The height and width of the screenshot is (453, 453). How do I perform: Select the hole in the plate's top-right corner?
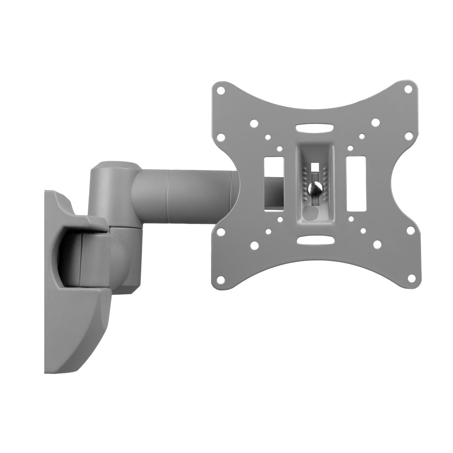click(x=408, y=89)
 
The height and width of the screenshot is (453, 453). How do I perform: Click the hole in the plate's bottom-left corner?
click(x=221, y=279)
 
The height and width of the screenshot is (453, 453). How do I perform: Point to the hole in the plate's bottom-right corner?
click(x=411, y=278)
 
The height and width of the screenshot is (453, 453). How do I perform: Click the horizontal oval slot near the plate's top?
click(x=315, y=128)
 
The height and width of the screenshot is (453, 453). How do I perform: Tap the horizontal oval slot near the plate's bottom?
click(x=315, y=240)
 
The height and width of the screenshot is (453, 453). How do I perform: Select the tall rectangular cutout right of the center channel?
click(x=356, y=184)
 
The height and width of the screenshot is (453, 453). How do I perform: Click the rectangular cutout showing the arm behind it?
click(x=274, y=184)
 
